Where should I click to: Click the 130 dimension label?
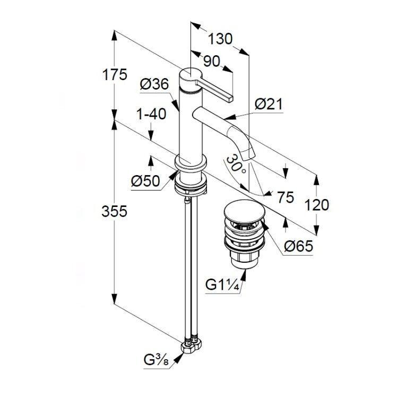(220, 39)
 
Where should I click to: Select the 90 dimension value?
(211, 61)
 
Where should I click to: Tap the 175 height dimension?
(115, 75)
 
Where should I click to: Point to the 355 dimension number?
(114, 211)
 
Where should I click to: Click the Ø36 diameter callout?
(154, 84)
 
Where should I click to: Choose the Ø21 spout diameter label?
(269, 104)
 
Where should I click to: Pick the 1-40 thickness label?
(151, 114)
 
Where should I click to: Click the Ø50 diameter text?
(146, 181)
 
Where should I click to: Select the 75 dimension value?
(285, 197)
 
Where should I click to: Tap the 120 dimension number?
(316, 205)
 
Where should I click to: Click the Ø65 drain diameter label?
(298, 246)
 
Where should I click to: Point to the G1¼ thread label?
(222, 285)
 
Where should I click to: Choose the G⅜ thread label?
(156, 360)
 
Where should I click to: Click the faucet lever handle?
(214, 90)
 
